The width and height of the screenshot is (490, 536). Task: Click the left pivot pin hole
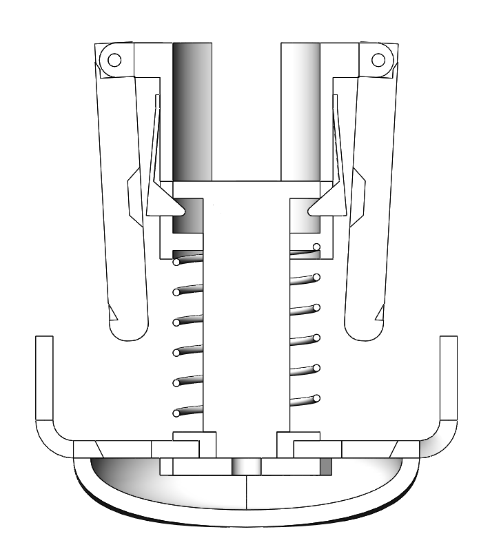[114, 60]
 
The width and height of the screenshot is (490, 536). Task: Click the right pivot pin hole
[378, 60]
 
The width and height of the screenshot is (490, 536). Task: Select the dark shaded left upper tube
[192, 110]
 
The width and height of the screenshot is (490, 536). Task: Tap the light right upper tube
[300, 110]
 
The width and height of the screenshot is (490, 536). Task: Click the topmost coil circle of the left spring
[176, 262]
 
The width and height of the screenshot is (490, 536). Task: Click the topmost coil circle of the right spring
[316, 247]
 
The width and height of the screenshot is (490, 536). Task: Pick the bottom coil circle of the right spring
[317, 398]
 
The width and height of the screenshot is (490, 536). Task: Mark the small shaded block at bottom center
[247, 466]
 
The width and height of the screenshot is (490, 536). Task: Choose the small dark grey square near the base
[325, 466]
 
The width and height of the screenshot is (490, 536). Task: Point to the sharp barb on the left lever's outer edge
[112, 314]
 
